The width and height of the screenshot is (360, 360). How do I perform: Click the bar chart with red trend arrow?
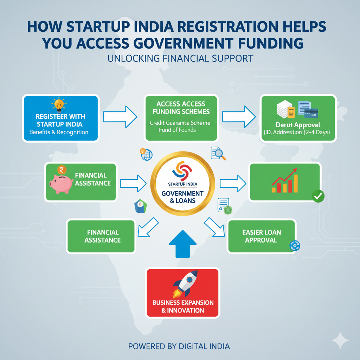click(x=285, y=181)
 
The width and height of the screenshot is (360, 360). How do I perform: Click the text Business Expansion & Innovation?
click(x=183, y=307)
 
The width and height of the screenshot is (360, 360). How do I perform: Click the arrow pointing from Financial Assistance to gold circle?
click(x=133, y=183)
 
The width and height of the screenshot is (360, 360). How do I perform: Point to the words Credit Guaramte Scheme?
click(x=180, y=123)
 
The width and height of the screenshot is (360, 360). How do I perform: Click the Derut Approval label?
click(x=298, y=125)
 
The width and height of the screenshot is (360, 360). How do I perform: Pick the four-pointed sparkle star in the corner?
click(x=340, y=340)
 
